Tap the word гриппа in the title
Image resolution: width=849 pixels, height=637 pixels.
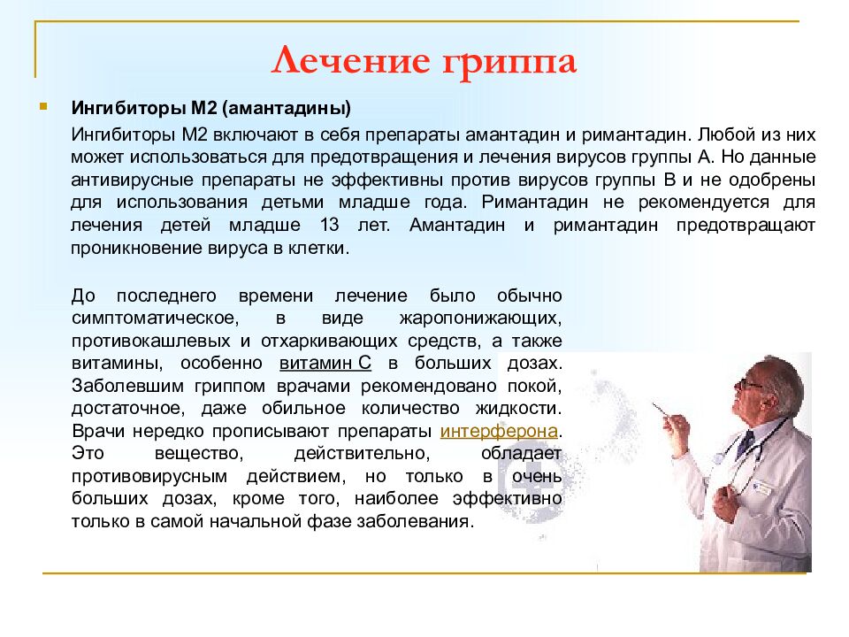pos(504,63)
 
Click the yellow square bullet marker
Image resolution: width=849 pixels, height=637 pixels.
pos(43,107)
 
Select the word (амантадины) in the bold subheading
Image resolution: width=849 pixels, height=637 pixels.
pos(287,110)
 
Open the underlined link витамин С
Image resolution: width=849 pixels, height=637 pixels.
pos(325,364)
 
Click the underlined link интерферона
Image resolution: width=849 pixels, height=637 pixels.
pos(500,432)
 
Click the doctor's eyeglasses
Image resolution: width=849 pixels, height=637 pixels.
pos(750,382)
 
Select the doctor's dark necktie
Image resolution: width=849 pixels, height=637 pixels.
pos(744,442)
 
